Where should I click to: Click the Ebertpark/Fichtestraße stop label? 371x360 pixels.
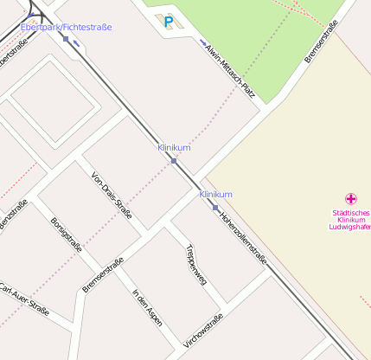(x=66, y=28)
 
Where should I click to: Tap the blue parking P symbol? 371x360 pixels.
(x=169, y=22)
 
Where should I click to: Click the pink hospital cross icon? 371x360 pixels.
(x=350, y=199)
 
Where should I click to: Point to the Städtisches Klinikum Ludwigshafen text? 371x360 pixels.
(x=350, y=220)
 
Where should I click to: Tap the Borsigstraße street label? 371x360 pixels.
(x=67, y=235)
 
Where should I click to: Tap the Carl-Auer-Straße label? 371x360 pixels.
(x=24, y=299)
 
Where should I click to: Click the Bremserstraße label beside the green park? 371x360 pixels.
(x=320, y=47)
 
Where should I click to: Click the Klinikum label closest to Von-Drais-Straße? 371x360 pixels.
(x=174, y=148)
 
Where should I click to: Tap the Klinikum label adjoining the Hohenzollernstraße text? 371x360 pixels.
(x=215, y=195)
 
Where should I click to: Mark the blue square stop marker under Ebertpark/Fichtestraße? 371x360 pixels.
(x=66, y=39)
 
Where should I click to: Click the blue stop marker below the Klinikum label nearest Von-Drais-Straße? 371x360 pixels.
(x=174, y=161)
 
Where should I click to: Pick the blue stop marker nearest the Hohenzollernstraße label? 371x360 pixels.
(x=215, y=208)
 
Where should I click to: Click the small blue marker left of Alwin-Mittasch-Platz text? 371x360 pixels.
(x=203, y=42)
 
